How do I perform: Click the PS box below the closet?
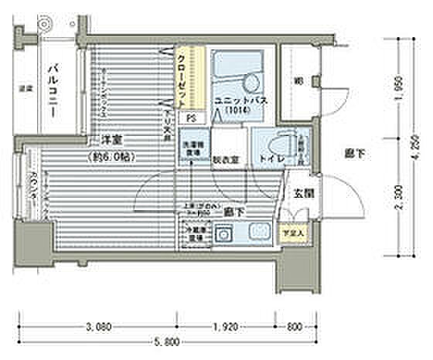coord(189,118)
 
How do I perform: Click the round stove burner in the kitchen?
coord(225,233)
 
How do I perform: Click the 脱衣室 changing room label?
coord(226,161)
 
